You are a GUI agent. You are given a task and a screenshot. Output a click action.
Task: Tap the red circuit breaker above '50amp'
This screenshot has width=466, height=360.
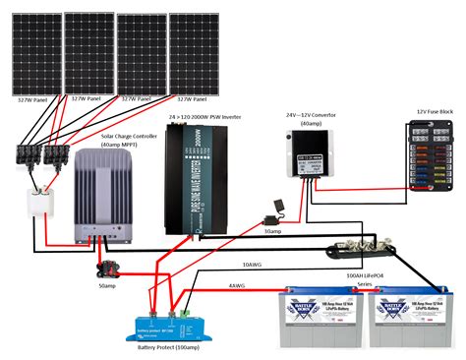click(x=102, y=265)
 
